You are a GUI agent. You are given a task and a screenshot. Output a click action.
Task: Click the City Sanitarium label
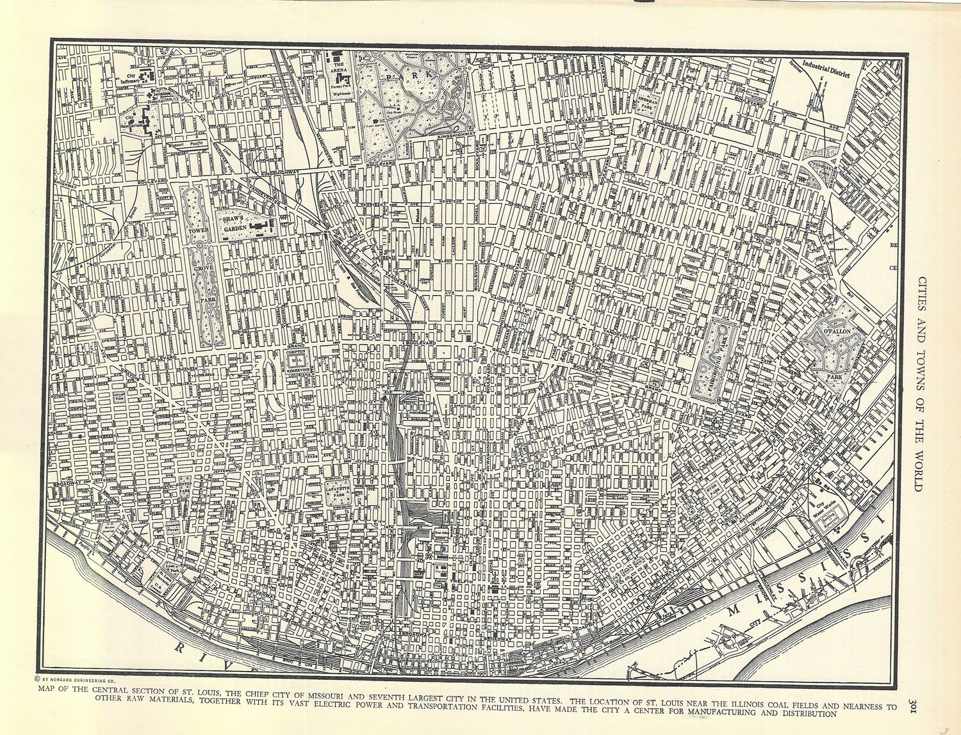click(130, 121)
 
